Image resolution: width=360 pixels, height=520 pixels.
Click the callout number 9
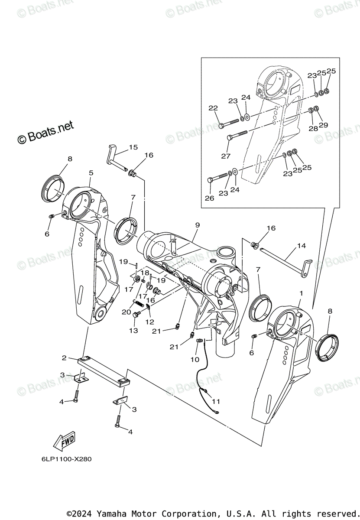point(197,225)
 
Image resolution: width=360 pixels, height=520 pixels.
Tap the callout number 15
point(133,147)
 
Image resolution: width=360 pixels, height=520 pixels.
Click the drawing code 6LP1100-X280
point(61,459)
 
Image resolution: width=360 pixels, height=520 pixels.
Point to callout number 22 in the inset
point(213,108)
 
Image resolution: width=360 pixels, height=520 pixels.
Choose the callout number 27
point(226,156)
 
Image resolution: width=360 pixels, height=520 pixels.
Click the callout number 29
point(324,125)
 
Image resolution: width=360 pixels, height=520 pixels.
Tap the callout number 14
point(301,246)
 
